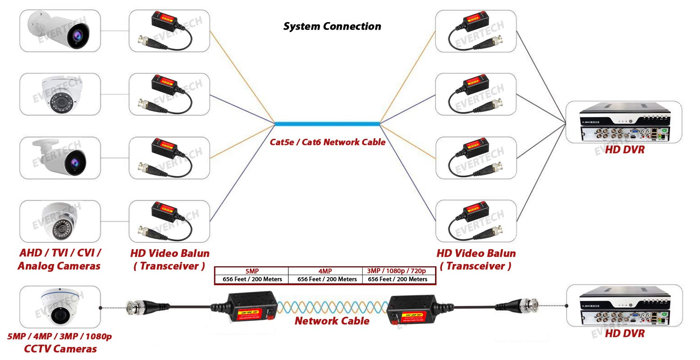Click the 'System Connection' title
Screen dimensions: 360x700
pyautogui.click(x=332, y=27)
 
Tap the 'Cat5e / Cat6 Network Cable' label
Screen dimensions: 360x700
pyautogui.click(x=327, y=142)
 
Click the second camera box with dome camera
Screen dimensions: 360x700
pyautogui.click(x=60, y=94)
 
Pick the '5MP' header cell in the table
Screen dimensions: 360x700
pyautogui.click(x=252, y=271)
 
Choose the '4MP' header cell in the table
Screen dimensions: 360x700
pyautogui.click(x=325, y=271)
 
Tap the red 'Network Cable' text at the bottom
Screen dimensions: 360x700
pyautogui.click(x=332, y=321)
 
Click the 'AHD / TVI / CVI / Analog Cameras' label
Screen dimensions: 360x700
pyautogui.click(x=59, y=260)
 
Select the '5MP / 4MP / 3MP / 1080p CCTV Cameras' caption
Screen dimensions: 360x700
pyautogui.click(x=60, y=343)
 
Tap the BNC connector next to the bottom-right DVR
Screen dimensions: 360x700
pyautogui.click(x=527, y=306)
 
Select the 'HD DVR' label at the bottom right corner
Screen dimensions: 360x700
pyautogui.click(x=624, y=334)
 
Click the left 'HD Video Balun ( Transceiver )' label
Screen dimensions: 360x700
pyautogui.click(x=169, y=260)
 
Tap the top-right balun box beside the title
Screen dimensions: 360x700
pyautogui.click(x=476, y=31)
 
